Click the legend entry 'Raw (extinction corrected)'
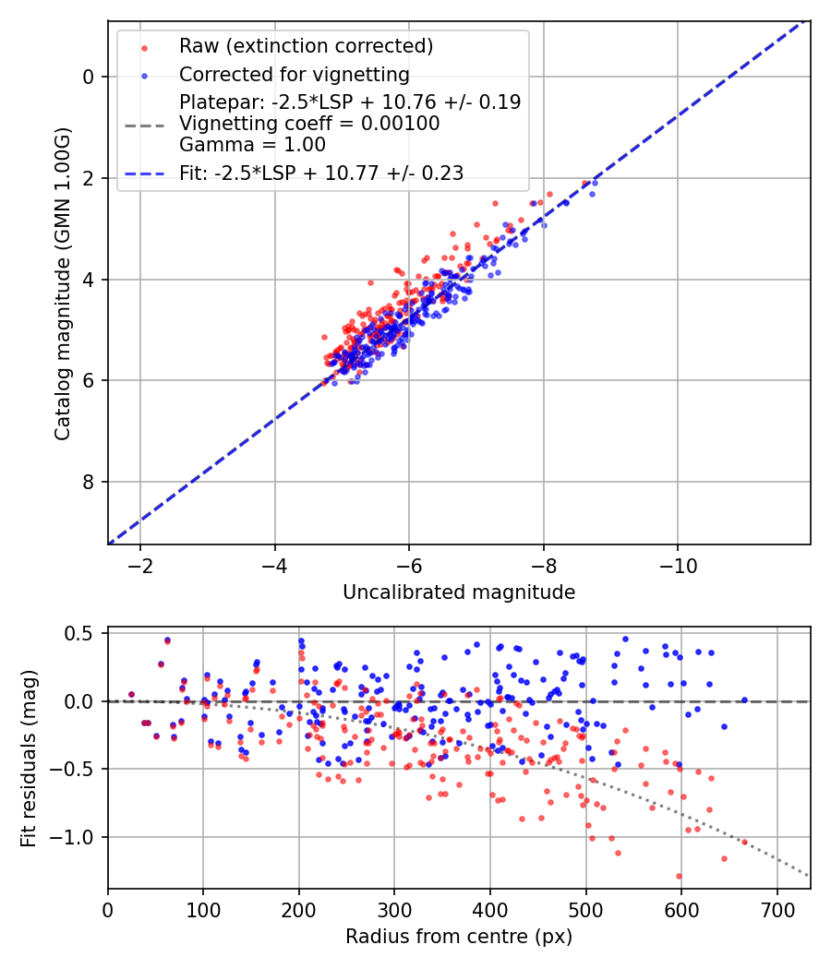(306, 46)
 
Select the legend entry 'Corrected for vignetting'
(294, 74)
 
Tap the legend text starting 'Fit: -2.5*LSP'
(321, 173)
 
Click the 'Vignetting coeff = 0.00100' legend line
(309, 124)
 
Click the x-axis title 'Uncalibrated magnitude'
(459, 592)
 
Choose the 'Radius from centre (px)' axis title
(459, 937)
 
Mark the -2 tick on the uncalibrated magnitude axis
(140, 564)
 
